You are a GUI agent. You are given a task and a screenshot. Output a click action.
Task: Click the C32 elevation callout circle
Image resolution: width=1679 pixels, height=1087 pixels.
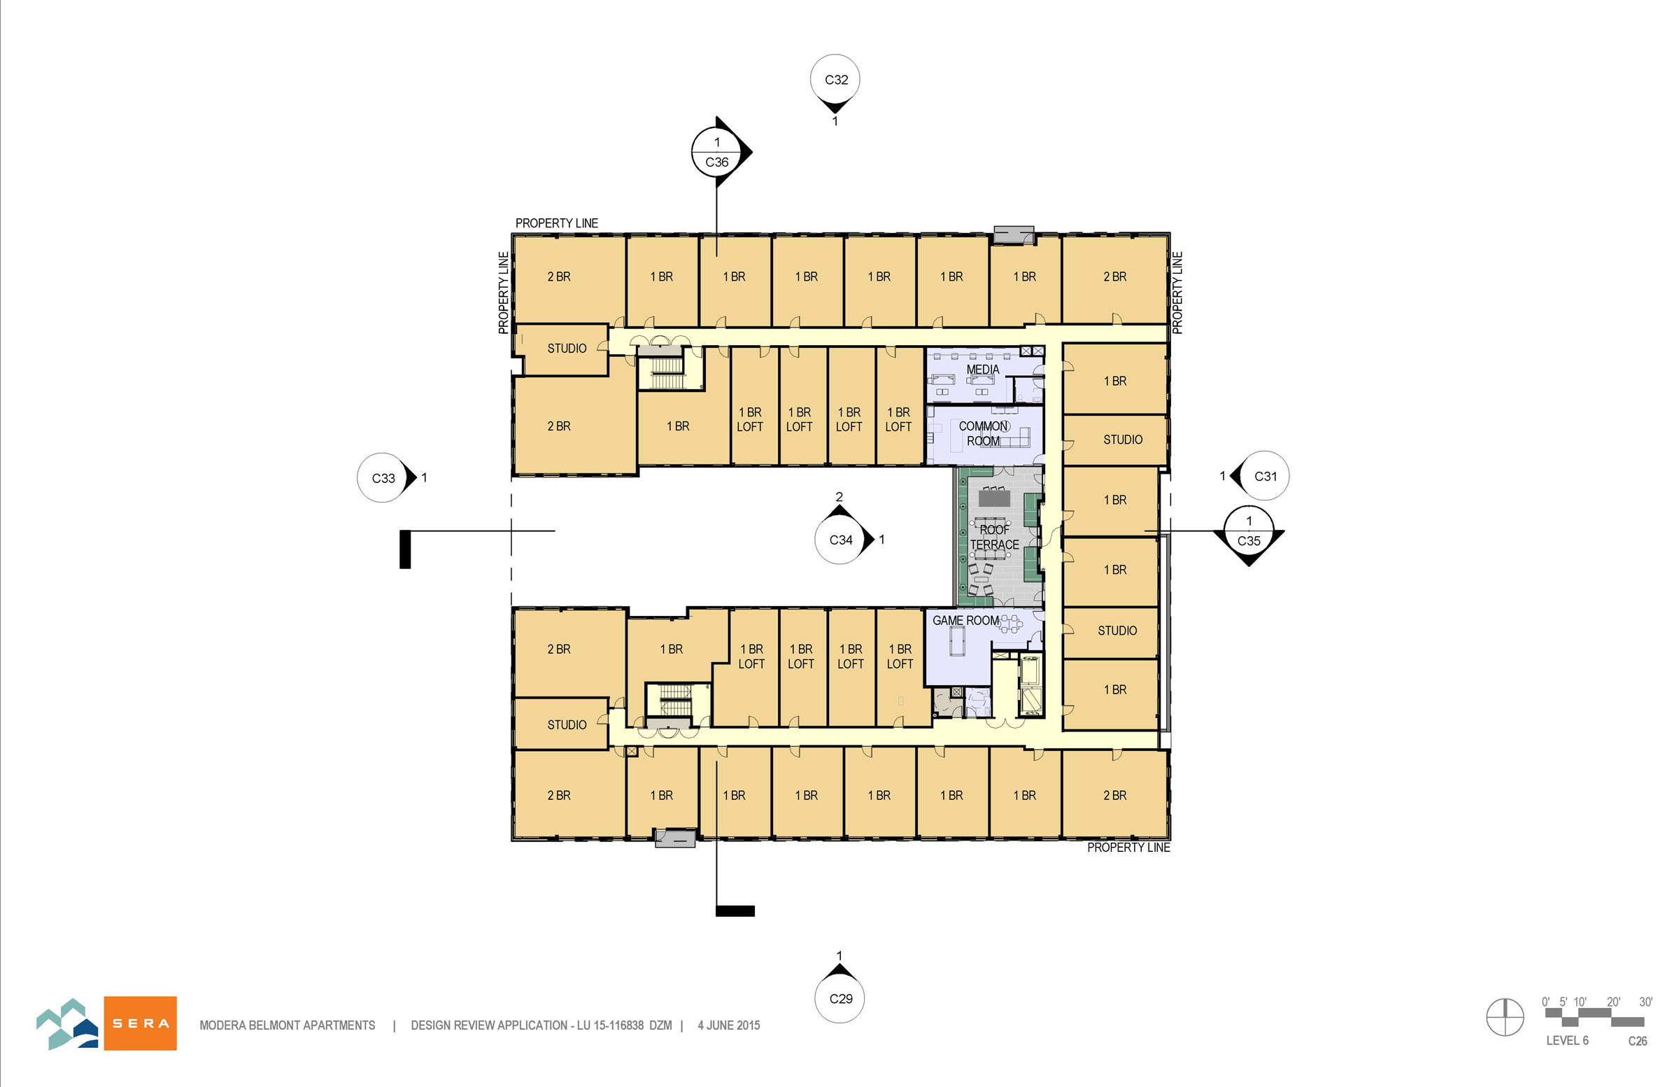[x=835, y=79]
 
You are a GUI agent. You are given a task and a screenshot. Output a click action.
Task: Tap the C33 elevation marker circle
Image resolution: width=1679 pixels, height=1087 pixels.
[x=383, y=478]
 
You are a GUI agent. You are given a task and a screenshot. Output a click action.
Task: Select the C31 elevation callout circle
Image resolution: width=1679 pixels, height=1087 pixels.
[x=1265, y=476]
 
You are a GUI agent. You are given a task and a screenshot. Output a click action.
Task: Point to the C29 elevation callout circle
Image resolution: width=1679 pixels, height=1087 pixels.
[x=840, y=998]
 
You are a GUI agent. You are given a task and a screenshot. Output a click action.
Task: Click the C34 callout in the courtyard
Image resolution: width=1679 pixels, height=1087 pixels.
[x=840, y=539]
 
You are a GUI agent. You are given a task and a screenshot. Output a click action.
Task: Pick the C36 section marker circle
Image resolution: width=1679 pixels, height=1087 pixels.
[x=717, y=152]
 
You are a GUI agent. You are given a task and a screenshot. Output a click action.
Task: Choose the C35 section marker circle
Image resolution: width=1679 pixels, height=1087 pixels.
[x=1249, y=531]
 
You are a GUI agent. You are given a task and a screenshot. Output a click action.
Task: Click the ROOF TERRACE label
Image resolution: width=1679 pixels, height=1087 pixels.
[x=995, y=537]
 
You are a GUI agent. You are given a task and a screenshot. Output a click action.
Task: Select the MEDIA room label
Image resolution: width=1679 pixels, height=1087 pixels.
[x=983, y=369]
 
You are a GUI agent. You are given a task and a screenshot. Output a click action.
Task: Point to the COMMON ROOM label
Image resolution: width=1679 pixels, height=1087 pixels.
[x=984, y=433]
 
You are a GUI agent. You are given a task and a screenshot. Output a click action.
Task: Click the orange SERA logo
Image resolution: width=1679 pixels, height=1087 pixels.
[x=141, y=1023]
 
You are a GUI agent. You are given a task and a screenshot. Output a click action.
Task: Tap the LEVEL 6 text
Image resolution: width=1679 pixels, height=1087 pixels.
[x=1567, y=1040]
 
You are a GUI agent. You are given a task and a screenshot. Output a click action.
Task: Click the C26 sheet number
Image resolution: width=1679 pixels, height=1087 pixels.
[x=1638, y=1041]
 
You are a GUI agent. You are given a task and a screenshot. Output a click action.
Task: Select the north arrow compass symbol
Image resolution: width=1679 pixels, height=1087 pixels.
[x=1505, y=1018]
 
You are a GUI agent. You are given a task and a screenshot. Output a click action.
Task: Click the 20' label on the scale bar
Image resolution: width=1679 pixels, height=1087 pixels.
[x=1613, y=1002]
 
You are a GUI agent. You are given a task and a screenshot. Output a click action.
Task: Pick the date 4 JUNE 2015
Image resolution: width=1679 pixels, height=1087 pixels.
[x=729, y=1025]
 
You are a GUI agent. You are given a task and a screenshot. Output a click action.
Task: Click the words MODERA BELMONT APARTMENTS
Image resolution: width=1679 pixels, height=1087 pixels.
[x=287, y=1025]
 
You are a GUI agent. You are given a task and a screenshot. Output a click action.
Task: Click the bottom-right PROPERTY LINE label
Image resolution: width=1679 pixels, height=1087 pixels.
[x=1128, y=847]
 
